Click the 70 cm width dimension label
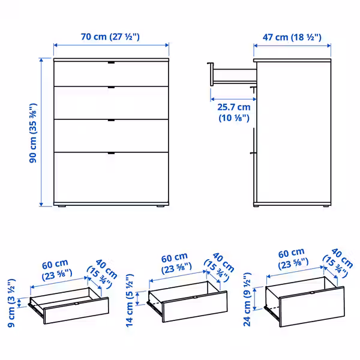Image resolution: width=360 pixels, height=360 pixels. (110, 37)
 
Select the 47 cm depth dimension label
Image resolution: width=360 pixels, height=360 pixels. (292, 37)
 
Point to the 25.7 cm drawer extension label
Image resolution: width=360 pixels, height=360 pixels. (233, 113)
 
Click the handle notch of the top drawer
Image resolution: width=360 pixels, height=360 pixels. (111, 63)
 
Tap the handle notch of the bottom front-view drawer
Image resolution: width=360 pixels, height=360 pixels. (111, 154)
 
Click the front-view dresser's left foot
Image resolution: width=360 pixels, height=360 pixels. (62, 208)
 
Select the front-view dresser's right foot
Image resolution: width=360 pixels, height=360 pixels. (160, 208)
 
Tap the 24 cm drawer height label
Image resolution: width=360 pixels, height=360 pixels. (247, 298)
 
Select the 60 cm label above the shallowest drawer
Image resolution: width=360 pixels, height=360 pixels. (56, 269)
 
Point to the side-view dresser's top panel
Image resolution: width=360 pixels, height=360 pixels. (292, 61)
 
